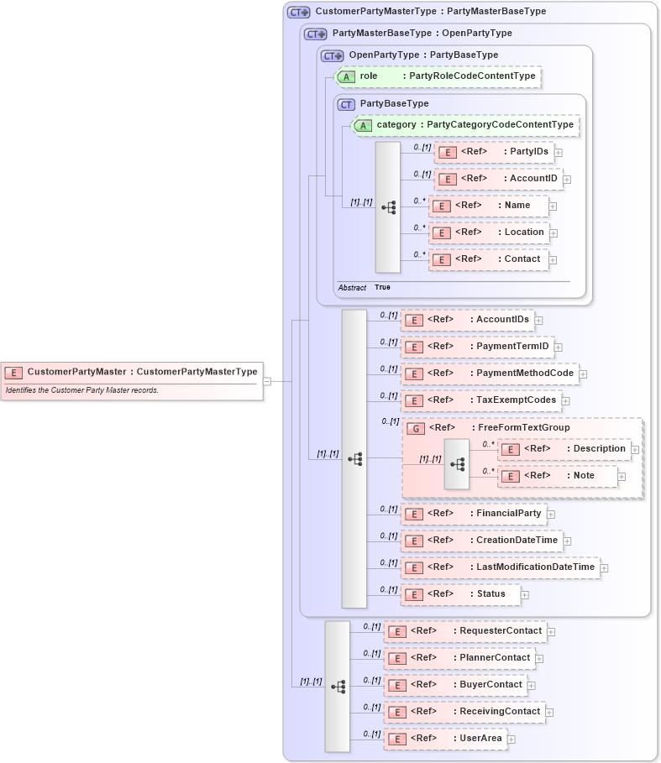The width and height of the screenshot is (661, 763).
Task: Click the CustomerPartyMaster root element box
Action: coord(131,372)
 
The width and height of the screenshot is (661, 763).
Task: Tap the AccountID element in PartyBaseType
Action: coord(498,179)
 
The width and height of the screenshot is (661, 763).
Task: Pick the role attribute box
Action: coord(437,76)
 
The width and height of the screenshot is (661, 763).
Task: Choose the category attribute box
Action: coord(465,125)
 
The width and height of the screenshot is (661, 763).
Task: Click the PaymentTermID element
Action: coord(476,347)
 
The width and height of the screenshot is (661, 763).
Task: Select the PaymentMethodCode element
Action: coord(489,374)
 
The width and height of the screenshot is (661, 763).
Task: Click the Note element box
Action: coord(558,476)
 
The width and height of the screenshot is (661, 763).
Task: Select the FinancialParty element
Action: coord(473,514)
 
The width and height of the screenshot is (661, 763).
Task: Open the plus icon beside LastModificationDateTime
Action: coord(604,568)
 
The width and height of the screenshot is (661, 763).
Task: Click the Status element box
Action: coord(459,594)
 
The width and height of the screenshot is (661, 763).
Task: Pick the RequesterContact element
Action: coord(464,631)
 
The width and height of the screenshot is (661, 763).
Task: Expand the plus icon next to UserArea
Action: coord(511,739)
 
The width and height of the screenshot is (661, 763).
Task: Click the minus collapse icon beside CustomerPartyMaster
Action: coord(267,381)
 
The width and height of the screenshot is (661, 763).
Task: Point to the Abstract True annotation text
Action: coord(364,288)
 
